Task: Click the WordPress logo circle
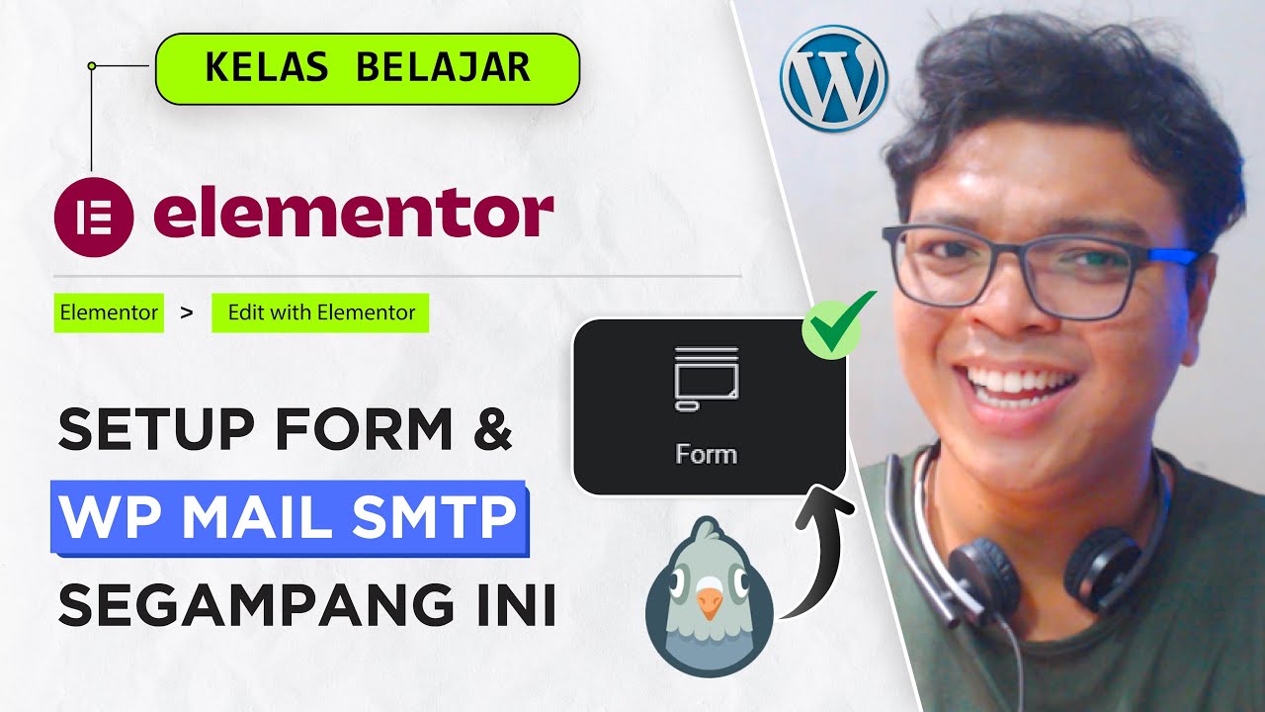(833, 78)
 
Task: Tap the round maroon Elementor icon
(93, 217)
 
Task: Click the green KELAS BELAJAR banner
(367, 68)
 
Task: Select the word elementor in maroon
(353, 215)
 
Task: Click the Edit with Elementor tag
(320, 312)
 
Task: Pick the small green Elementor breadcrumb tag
(109, 312)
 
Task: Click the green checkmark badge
(837, 323)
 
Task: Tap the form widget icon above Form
(706, 378)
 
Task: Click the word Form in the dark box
(706, 454)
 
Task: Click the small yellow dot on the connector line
(91, 66)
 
